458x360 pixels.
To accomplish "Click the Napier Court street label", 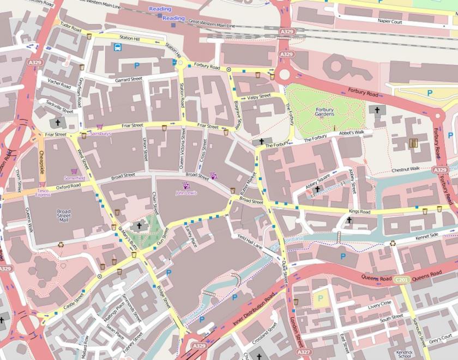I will pos(389,22).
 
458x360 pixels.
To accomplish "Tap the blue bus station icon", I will pos(117,47).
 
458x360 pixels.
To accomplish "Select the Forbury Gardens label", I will pos(324,112).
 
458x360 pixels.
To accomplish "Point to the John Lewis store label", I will pos(186,193).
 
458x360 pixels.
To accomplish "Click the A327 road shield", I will pos(304,353).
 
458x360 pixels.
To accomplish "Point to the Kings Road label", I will pos(359,212).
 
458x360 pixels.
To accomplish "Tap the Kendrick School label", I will pos(404,353).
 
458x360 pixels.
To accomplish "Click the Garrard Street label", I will pos(129,80).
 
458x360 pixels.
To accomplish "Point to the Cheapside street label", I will pos(41,161).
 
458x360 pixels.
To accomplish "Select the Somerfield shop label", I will pos(75,178).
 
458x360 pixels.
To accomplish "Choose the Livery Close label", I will pos(379,304).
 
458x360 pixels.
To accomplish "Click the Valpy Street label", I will pos(259,97).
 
